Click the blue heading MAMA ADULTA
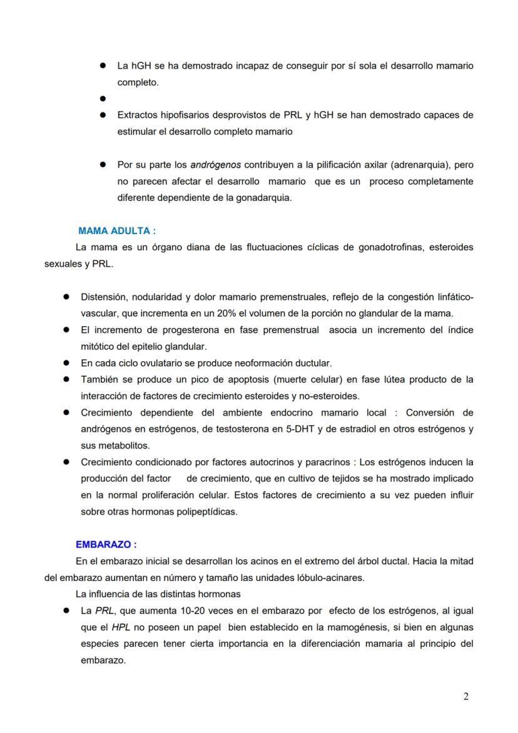point(117,231)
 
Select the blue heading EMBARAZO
point(106,545)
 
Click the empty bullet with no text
point(101,99)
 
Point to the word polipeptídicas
point(207,511)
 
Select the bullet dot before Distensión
point(65,297)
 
